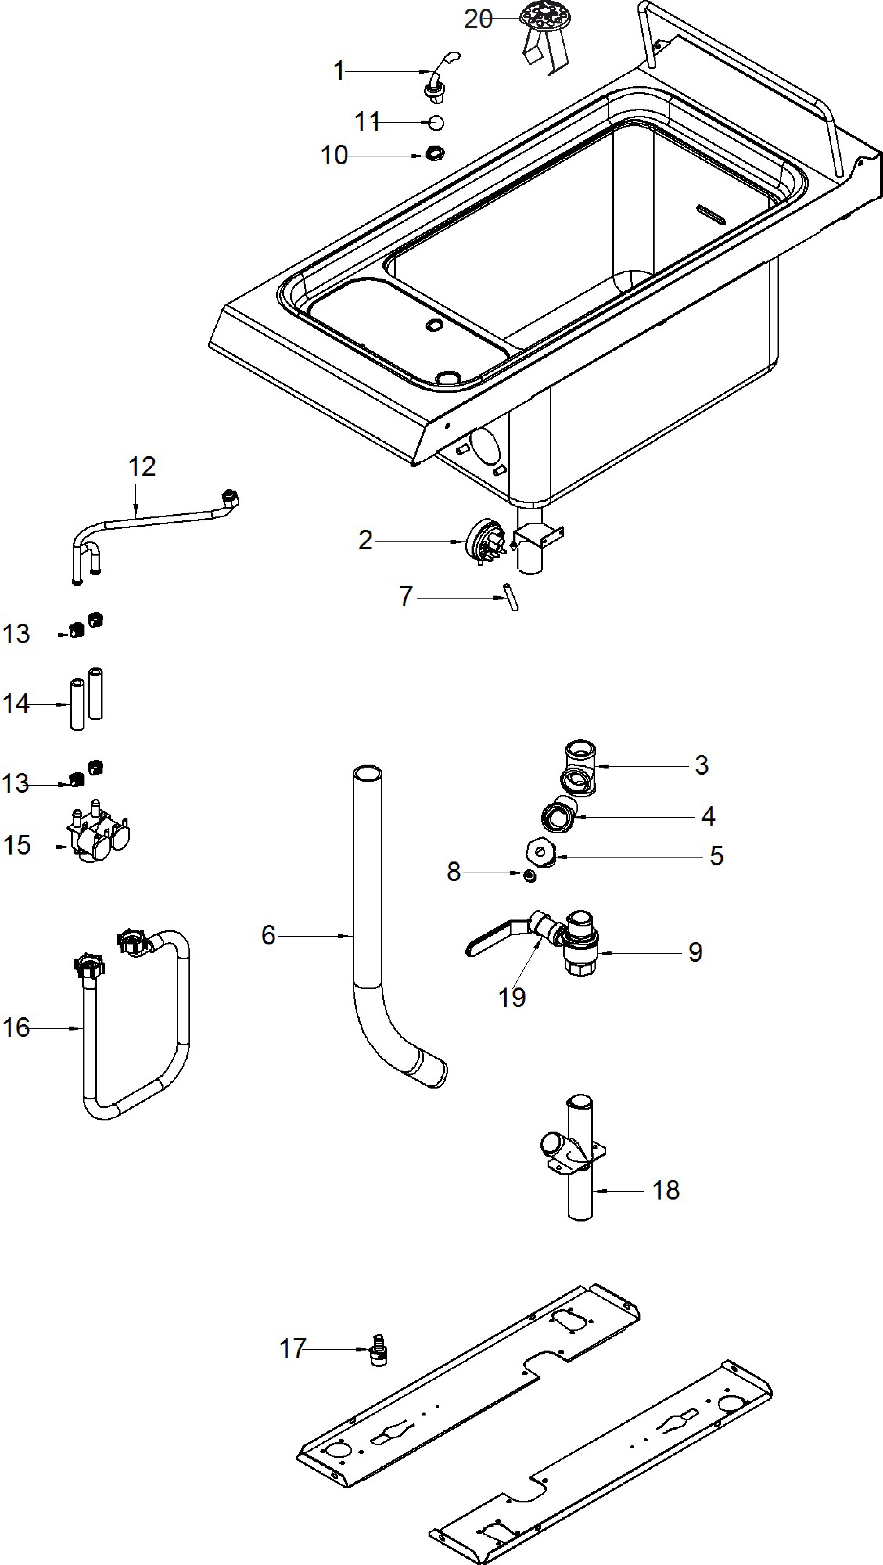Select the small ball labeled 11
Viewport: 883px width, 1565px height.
pyautogui.click(x=436, y=123)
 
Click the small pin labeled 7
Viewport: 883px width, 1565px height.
pyautogui.click(x=510, y=597)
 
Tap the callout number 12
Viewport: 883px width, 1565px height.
pyautogui.click(x=142, y=467)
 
